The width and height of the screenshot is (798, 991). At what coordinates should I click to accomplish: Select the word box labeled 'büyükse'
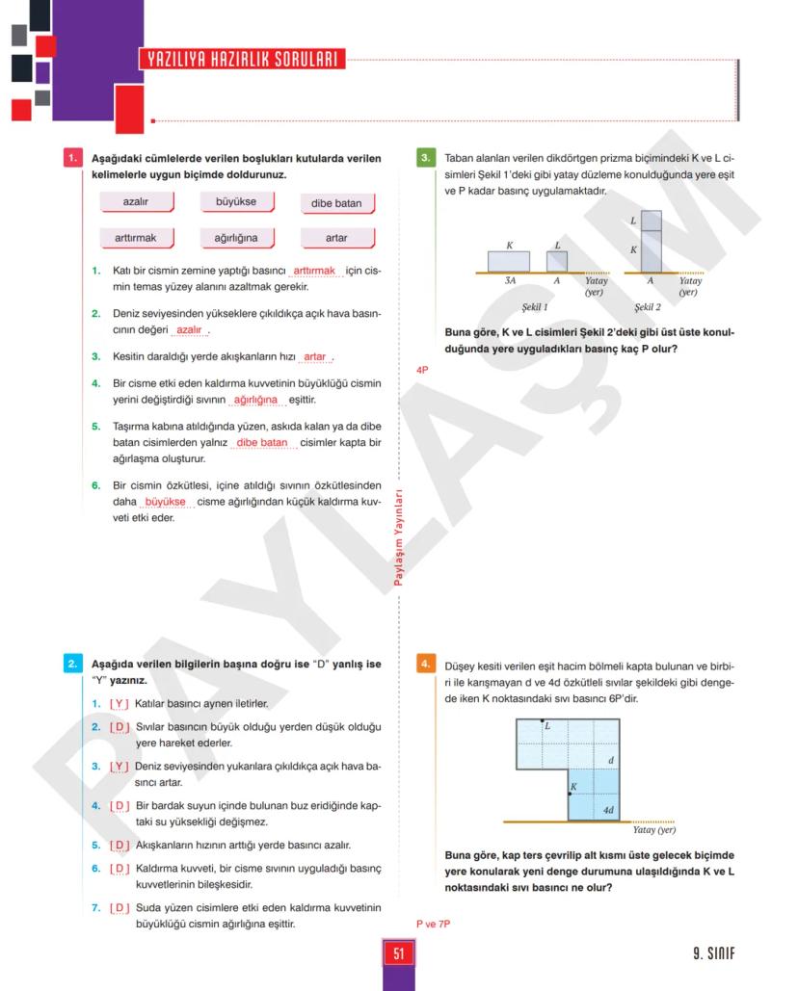[236, 202]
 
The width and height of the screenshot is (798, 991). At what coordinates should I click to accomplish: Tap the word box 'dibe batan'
[336, 203]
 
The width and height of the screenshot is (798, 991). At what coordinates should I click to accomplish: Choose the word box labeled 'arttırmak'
[136, 237]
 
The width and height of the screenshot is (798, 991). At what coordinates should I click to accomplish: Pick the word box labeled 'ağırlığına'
[236, 237]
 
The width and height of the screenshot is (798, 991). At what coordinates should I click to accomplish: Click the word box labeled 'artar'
[336, 237]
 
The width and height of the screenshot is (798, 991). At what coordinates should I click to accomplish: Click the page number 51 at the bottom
[398, 953]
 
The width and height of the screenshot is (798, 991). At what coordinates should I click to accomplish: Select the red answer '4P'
[422, 370]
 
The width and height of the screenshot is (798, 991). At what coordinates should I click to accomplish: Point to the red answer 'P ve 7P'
[434, 925]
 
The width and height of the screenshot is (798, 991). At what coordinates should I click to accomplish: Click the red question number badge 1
[72, 158]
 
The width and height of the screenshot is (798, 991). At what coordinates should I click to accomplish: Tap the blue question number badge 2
[72, 664]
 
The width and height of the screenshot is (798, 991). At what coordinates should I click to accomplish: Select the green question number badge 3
[426, 158]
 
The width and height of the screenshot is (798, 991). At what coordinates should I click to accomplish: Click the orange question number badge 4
[426, 664]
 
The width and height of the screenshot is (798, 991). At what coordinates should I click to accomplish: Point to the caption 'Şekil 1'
[535, 307]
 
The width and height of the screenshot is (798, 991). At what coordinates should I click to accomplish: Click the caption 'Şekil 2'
[648, 307]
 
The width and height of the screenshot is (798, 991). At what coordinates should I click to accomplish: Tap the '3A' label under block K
[510, 281]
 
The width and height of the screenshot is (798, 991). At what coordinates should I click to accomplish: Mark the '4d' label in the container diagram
[608, 810]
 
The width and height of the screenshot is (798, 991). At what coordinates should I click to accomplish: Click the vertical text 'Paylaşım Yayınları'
[398, 540]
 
